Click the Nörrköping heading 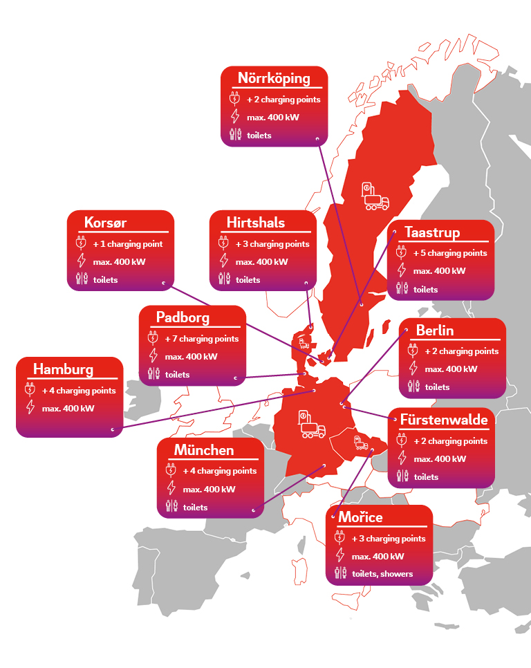click(x=274, y=77)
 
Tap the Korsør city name click(x=106, y=223)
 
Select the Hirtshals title click(x=256, y=223)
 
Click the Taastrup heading click(x=432, y=232)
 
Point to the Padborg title click(x=183, y=317)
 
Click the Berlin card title click(x=435, y=330)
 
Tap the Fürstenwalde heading click(x=444, y=420)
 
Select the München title click(x=204, y=450)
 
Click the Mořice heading click(x=360, y=517)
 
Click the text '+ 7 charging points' click(x=202, y=339)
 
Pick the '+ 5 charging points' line click(x=450, y=253)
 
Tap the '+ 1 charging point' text click(x=128, y=244)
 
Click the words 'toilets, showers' click(x=382, y=574)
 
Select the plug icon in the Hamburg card click(x=30, y=390)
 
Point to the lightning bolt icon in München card click(x=171, y=489)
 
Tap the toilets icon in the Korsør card click(x=82, y=279)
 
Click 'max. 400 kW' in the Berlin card click(x=451, y=369)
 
